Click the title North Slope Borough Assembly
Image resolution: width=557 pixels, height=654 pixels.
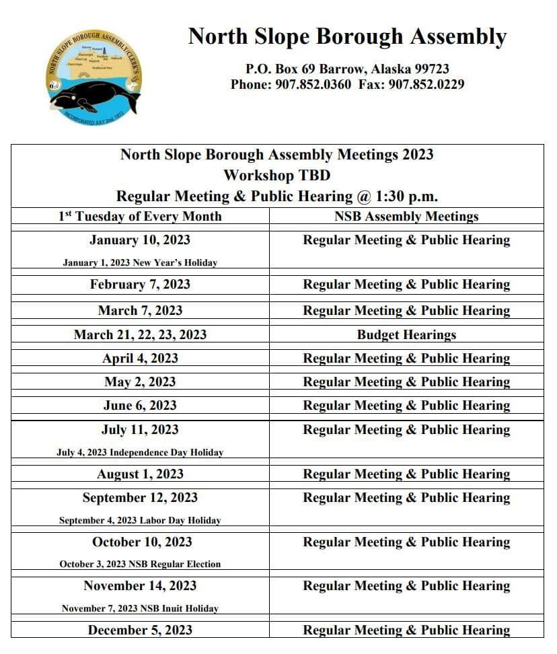pos(347,36)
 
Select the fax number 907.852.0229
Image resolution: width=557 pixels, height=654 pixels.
pos(426,84)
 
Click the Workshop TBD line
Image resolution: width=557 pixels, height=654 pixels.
pos(276,175)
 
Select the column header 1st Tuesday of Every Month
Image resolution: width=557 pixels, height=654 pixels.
pos(140,216)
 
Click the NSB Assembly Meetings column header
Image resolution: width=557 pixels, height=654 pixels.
pos(406,216)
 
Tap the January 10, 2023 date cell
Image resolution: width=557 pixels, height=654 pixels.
pos(140,240)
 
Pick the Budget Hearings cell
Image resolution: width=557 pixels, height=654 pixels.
pos(406,334)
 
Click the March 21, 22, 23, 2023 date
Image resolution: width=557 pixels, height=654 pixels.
pos(140,334)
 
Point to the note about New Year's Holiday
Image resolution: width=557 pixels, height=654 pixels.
pos(140,262)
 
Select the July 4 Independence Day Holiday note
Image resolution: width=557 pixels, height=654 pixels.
pos(140,453)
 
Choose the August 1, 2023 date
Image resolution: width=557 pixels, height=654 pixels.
pos(140,474)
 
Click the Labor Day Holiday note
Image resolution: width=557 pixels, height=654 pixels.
pos(140,520)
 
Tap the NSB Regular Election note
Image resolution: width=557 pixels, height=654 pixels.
pos(140,564)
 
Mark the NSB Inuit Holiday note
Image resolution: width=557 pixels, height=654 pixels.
pos(140,608)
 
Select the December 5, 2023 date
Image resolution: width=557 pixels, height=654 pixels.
pos(140,630)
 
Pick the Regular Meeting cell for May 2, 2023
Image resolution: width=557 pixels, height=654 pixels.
pos(406,381)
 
